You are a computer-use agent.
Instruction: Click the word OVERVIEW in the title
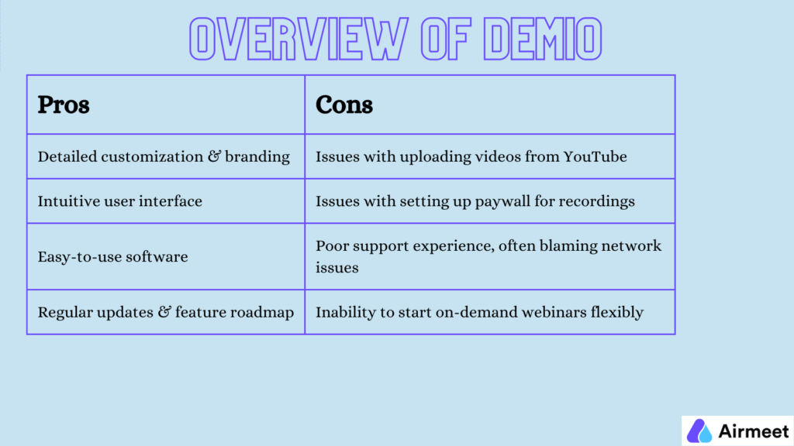(291, 39)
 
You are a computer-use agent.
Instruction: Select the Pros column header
(64, 105)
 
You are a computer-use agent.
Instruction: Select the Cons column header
(344, 105)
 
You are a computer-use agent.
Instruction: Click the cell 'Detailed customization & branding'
(164, 156)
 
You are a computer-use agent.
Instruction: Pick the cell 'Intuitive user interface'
(119, 201)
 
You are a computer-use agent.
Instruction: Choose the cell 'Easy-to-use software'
(112, 256)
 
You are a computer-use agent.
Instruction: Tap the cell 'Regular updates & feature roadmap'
(165, 313)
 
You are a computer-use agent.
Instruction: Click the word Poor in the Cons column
(331, 245)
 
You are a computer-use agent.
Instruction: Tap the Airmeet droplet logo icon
(700, 431)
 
